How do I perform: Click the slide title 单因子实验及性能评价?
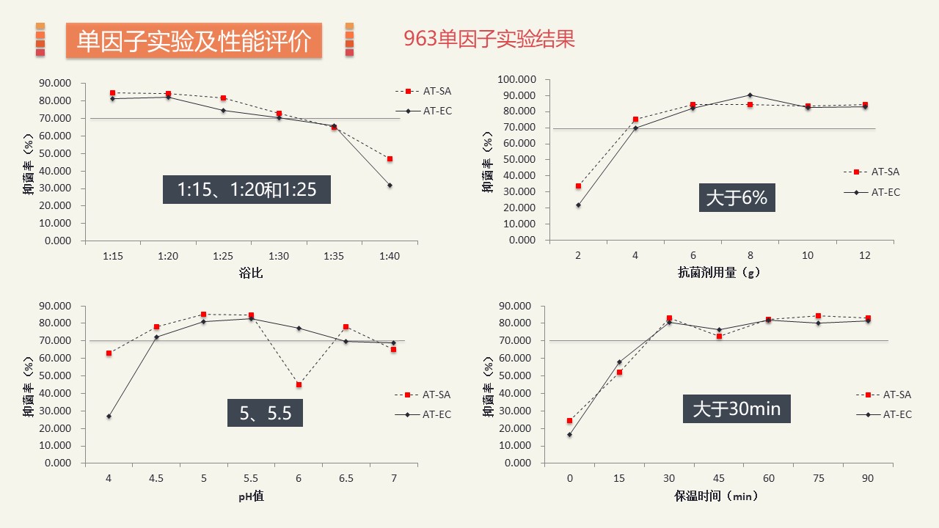click(x=194, y=40)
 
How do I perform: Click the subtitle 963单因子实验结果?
click(x=489, y=39)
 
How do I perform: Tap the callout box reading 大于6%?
click(x=736, y=198)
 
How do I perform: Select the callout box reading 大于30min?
click(x=737, y=408)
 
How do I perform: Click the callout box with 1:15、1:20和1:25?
click(x=246, y=189)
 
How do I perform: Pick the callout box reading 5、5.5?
click(x=266, y=413)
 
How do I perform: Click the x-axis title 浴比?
click(x=251, y=274)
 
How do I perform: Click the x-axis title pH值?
click(x=251, y=496)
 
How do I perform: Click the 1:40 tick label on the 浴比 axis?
click(x=390, y=256)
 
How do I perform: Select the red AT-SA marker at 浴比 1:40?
click(x=390, y=159)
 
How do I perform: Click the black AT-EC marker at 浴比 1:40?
click(x=390, y=185)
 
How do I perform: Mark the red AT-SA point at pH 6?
click(x=299, y=384)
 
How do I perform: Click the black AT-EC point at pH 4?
click(x=109, y=417)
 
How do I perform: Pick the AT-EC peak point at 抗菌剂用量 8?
click(x=750, y=95)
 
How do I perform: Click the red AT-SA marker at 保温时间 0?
click(x=569, y=421)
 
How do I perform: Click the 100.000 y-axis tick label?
click(x=517, y=79)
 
